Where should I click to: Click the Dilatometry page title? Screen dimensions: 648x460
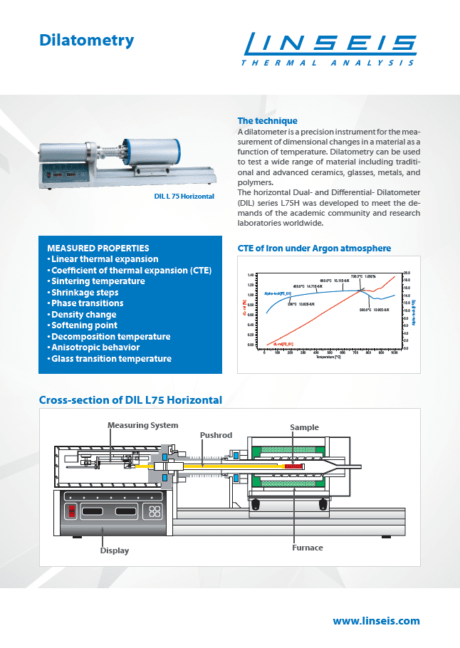click(x=87, y=41)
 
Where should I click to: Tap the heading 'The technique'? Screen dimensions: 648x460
click(x=267, y=121)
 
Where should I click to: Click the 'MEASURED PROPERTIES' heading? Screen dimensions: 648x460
click(x=98, y=248)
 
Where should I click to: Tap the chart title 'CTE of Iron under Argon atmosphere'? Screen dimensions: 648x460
click(x=314, y=249)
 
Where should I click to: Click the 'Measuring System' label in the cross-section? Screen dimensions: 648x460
click(x=142, y=425)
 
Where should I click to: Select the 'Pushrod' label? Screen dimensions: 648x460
click(x=215, y=435)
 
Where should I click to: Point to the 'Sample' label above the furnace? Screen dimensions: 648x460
click(x=304, y=427)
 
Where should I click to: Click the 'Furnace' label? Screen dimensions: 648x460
click(x=307, y=548)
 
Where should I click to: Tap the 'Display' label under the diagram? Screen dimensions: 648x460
click(x=115, y=550)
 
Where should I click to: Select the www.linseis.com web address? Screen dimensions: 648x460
click(x=376, y=621)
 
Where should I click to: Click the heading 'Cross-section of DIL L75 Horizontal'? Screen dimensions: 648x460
click(x=130, y=400)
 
